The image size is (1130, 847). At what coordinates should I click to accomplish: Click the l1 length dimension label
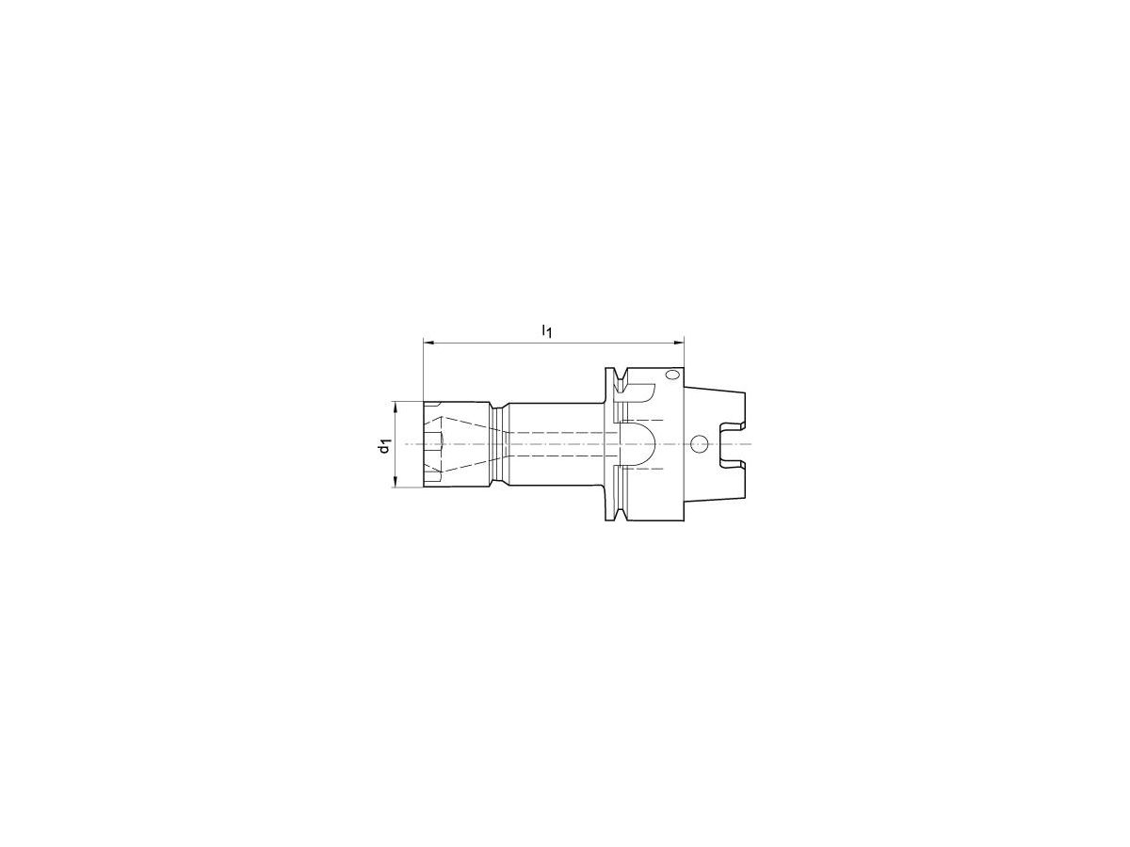click(x=545, y=330)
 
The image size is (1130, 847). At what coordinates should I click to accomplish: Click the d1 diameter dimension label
click(x=383, y=445)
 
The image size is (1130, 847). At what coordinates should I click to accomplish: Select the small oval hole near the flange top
click(x=670, y=376)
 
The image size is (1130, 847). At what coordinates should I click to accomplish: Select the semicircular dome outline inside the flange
click(x=641, y=444)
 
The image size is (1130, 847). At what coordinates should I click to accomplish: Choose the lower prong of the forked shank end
click(x=735, y=479)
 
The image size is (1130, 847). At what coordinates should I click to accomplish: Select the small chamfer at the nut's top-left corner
click(x=426, y=405)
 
